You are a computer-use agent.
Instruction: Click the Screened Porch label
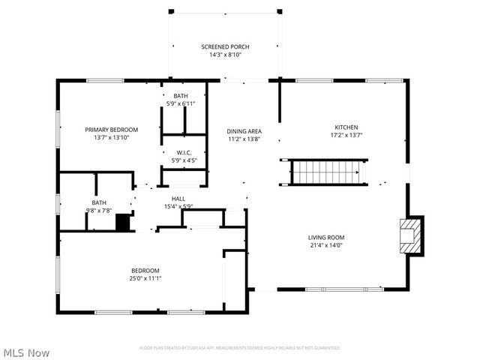225,46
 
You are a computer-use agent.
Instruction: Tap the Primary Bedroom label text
112,129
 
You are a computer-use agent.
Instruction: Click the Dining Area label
244,131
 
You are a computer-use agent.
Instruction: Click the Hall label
178,199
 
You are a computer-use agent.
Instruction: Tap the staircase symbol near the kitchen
324,172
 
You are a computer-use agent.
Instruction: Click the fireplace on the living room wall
410,236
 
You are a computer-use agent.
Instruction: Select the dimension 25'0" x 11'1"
145,278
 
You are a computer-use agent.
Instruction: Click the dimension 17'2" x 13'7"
346,136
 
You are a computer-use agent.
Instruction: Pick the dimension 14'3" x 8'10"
225,55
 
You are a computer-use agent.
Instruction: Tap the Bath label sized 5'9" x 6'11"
181,96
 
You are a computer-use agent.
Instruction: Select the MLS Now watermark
26,352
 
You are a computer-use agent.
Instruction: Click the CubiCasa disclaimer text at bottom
240,348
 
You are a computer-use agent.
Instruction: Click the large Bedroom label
145,270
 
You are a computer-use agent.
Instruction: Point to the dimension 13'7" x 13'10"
112,137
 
